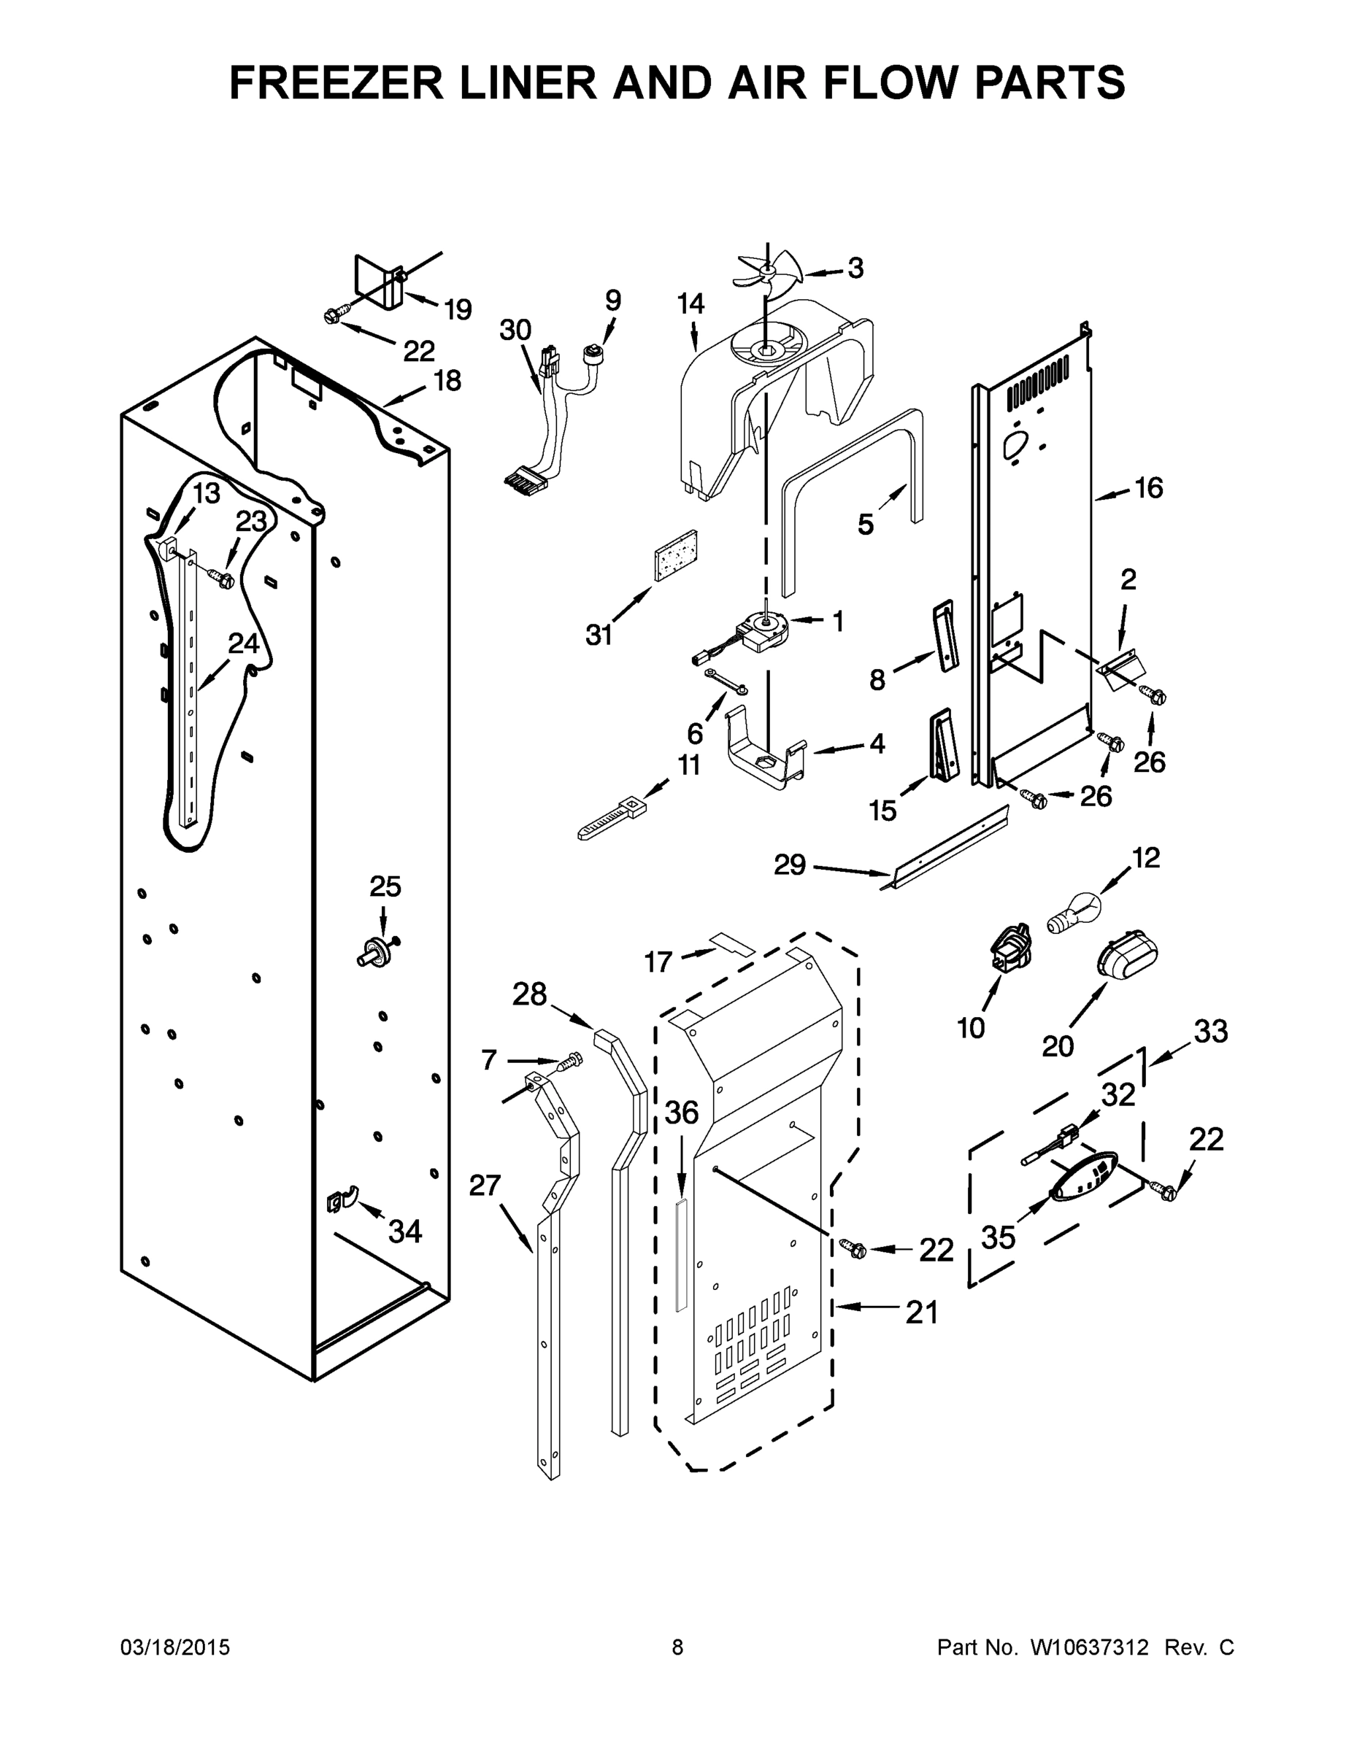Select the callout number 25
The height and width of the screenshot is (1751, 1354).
click(x=385, y=886)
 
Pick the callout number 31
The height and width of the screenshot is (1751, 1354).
click(x=599, y=635)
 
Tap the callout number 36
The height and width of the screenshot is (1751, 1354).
click(x=682, y=1112)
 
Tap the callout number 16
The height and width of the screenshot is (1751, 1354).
click(x=1149, y=487)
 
